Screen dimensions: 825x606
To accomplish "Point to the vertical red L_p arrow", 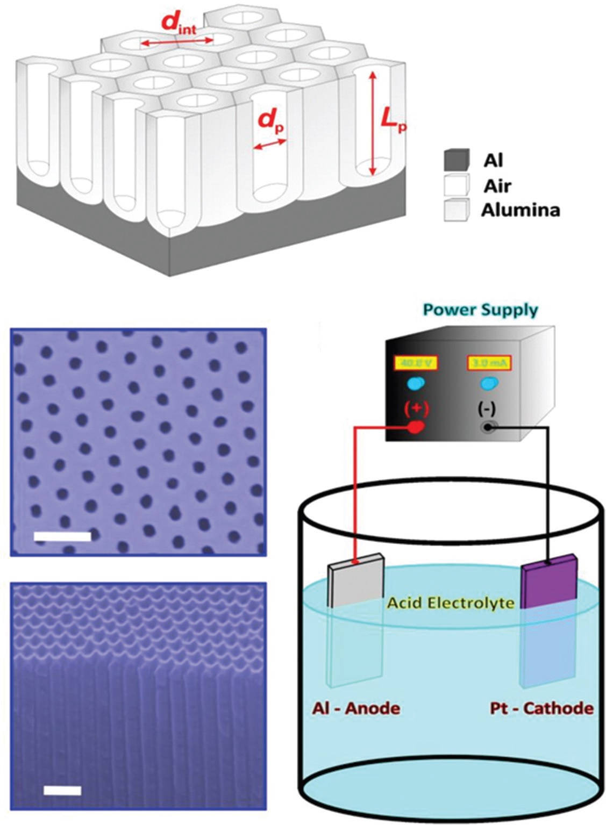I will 371,124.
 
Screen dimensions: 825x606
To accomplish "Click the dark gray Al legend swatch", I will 457,160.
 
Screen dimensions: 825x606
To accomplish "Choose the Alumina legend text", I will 520,210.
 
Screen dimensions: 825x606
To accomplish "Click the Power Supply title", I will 480,311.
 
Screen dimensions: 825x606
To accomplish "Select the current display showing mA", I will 488,362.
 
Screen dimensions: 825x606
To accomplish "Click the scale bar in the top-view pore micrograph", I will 62,536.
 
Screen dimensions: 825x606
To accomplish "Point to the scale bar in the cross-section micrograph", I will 62,790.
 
